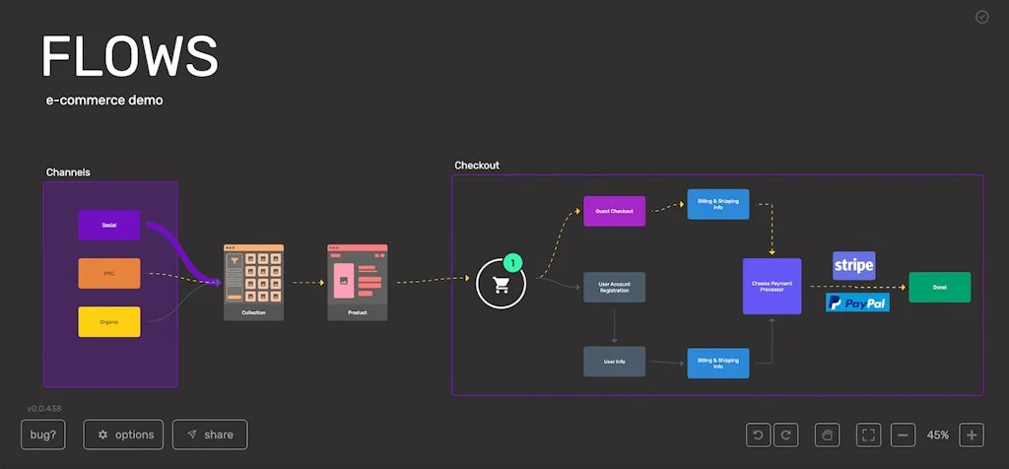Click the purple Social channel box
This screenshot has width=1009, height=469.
pos(109,225)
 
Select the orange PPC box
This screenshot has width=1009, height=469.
pos(109,273)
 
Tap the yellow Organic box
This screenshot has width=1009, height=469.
pos(109,321)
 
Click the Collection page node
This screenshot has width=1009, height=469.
pos(253,283)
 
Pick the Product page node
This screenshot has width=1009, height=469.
pos(357,283)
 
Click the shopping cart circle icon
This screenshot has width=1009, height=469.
pos(501,285)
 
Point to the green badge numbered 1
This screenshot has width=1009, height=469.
pos(514,263)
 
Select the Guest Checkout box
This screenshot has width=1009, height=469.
pos(614,211)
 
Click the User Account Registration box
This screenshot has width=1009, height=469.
pos(614,287)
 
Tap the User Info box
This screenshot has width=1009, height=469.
pos(614,362)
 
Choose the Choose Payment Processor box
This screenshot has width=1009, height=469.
pos(772,286)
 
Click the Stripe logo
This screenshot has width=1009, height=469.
pos(853,265)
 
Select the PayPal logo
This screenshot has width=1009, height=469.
pos(857,302)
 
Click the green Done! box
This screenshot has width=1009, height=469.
pos(939,287)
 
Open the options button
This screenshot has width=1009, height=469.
pos(123,435)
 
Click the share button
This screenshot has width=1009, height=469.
pos(210,435)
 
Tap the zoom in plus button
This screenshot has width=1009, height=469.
pos(971,435)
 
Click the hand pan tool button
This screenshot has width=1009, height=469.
pos(828,435)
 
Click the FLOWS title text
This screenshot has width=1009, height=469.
pos(129,56)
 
